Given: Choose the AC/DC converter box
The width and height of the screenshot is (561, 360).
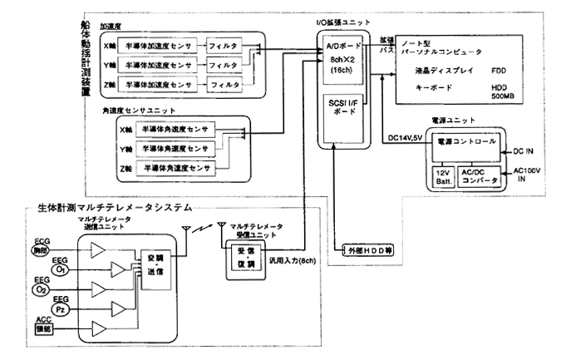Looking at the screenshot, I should click(479, 176).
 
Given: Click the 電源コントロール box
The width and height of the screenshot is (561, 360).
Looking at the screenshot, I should click(466, 144).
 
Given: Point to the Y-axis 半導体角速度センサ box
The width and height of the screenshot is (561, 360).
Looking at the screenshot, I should click(175, 147).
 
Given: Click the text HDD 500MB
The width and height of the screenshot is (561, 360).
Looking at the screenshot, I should click(506, 91).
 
